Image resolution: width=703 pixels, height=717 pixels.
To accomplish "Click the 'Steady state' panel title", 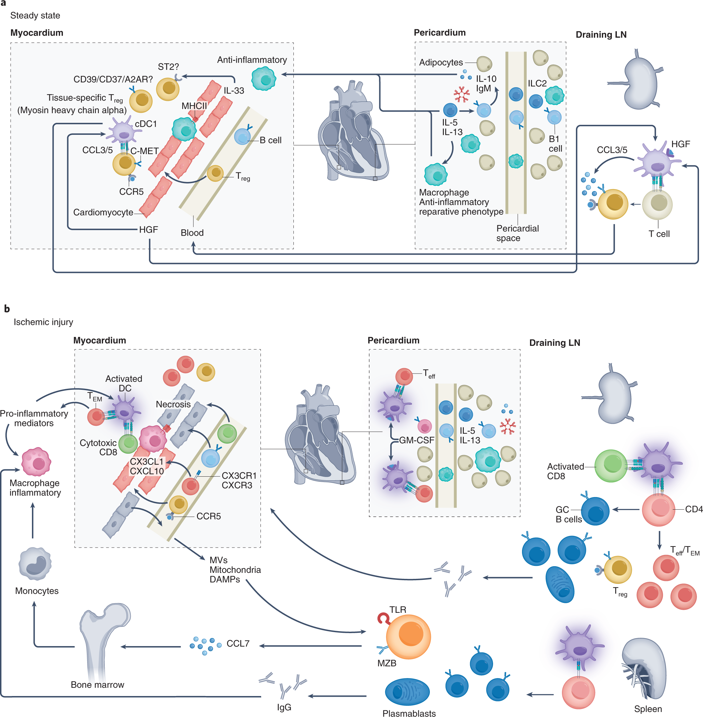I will click(x=35, y=16).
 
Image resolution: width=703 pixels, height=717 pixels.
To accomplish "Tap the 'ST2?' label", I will click(x=168, y=67).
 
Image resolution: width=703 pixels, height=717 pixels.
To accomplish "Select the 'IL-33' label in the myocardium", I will click(x=234, y=91).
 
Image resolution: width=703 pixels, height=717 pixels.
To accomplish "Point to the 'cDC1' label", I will click(x=146, y=124).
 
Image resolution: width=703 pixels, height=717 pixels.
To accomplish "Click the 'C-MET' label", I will click(x=144, y=151).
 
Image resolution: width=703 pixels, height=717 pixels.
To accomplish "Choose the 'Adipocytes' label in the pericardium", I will click(x=441, y=63).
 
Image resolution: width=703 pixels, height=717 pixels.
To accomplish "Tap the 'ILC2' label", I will click(x=537, y=84).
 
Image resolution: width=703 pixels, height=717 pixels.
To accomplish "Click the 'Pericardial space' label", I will click(x=517, y=233).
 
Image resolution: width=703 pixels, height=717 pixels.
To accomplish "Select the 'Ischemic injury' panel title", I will click(x=43, y=322).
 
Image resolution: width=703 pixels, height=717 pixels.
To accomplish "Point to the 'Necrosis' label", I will click(x=173, y=404).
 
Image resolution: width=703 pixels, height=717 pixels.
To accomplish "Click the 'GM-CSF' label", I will click(x=417, y=440).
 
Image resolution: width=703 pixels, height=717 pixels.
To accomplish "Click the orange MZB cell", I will click(x=408, y=636).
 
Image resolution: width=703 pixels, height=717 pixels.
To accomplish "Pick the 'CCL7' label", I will click(x=238, y=643).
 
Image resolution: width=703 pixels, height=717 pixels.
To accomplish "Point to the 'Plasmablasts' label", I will click(x=409, y=713).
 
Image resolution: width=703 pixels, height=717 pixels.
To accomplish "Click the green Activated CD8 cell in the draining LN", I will click(x=611, y=466).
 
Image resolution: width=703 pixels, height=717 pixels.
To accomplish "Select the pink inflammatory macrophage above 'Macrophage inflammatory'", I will click(x=36, y=462).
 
